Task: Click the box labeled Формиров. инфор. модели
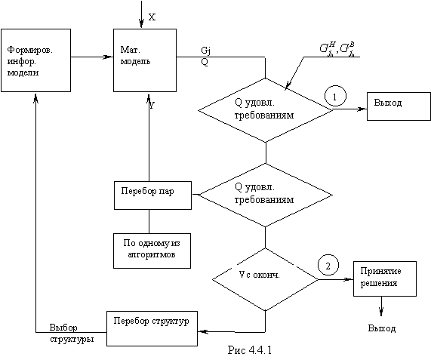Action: (35, 60)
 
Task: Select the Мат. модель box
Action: (145, 60)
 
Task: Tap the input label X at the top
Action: (152, 17)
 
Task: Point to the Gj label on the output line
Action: (206, 51)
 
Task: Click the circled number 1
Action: (335, 96)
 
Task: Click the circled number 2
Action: (328, 265)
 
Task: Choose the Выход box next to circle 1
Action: (399, 106)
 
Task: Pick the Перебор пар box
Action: (152, 195)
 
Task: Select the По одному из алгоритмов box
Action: (152, 251)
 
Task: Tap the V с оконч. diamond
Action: (265, 279)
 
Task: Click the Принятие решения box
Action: (385, 278)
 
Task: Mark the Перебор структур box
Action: (152, 328)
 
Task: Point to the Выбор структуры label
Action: (72, 334)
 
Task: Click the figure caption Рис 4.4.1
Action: (250, 350)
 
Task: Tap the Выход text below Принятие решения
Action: (382, 328)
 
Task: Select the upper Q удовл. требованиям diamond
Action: (265, 110)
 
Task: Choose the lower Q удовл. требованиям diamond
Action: (265, 195)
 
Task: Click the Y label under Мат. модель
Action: (152, 105)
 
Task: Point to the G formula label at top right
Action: (337, 50)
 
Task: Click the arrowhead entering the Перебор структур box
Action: (202, 331)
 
